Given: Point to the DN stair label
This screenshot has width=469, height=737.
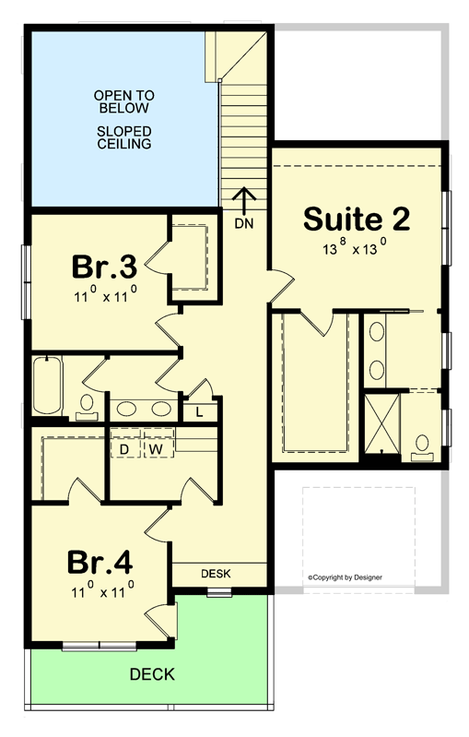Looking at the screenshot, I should pyautogui.click(x=244, y=223).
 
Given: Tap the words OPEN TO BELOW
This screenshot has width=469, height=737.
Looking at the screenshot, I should pyautogui.click(x=123, y=102).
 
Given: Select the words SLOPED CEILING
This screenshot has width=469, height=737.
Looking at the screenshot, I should pyautogui.click(x=123, y=137).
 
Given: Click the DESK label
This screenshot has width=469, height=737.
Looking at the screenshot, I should pyautogui.click(x=216, y=574).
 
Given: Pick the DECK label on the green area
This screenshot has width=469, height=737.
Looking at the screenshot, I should pyautogui.click(x=151, y=674).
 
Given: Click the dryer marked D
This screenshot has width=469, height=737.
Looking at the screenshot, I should pyautogui.click(x=125, y=448).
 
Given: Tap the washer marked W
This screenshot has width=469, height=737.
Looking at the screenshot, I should pyautogui.click(x=157, y=448).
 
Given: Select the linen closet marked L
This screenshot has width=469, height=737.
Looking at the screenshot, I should pyautogui.click(x=199, y=411).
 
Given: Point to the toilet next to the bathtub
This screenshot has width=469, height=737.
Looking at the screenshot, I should pyautogui.click(x=87, y=405).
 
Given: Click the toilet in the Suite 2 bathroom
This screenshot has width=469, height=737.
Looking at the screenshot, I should pyautogui.click(x=423, y=446).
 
